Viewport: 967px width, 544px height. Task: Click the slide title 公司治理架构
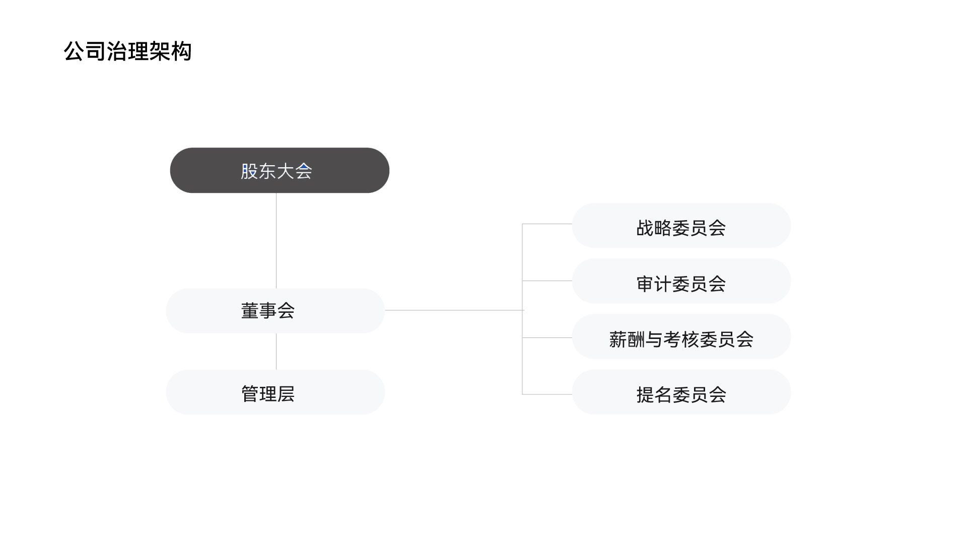pyautogui.click(x=128, y=51)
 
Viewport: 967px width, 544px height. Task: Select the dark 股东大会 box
pyautogui.click(x=280, y=170)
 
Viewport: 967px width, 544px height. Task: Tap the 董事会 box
pyautogui.click(x=275, y=311)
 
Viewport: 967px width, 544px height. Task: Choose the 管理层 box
pyautogui.click(x=275, y=392)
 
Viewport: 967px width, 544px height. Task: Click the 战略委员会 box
pyautogui.click(x=681, y=226)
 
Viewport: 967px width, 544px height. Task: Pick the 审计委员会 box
pyautogui.click(x=681, y=281)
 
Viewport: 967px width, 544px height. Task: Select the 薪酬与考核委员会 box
pyautogui.click(x=681, y=336)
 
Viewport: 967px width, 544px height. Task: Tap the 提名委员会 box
pyautogui.click(x=681, y=392)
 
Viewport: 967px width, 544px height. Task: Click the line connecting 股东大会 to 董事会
pyautogui.click(x=276, y=241)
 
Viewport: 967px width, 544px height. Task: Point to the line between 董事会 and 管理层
pyautogui.click(x=276, y=352)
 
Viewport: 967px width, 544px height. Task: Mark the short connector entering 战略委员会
pyautogui.click(x=547, y=224)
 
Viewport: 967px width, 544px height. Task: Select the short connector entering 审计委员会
pyautogui.click(x=547, y=281)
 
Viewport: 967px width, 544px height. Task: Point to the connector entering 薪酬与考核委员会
pyautogui.click(x=547, y=337)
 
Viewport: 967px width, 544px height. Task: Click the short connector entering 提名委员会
pyautogui.click(x=547, y=394)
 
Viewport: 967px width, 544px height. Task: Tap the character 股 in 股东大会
pyautogui.click(x=249, y=171)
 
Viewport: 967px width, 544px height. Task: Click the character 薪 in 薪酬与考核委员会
pyautogui.click(x=618, y=339)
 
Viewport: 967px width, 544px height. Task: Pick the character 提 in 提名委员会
pyautogui.click(x=645, y=395)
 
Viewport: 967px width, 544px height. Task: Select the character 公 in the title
pyautogui.click(x=75, y=51)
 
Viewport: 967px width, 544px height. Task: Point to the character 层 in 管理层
pyautogui.click(x=286, y=394)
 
